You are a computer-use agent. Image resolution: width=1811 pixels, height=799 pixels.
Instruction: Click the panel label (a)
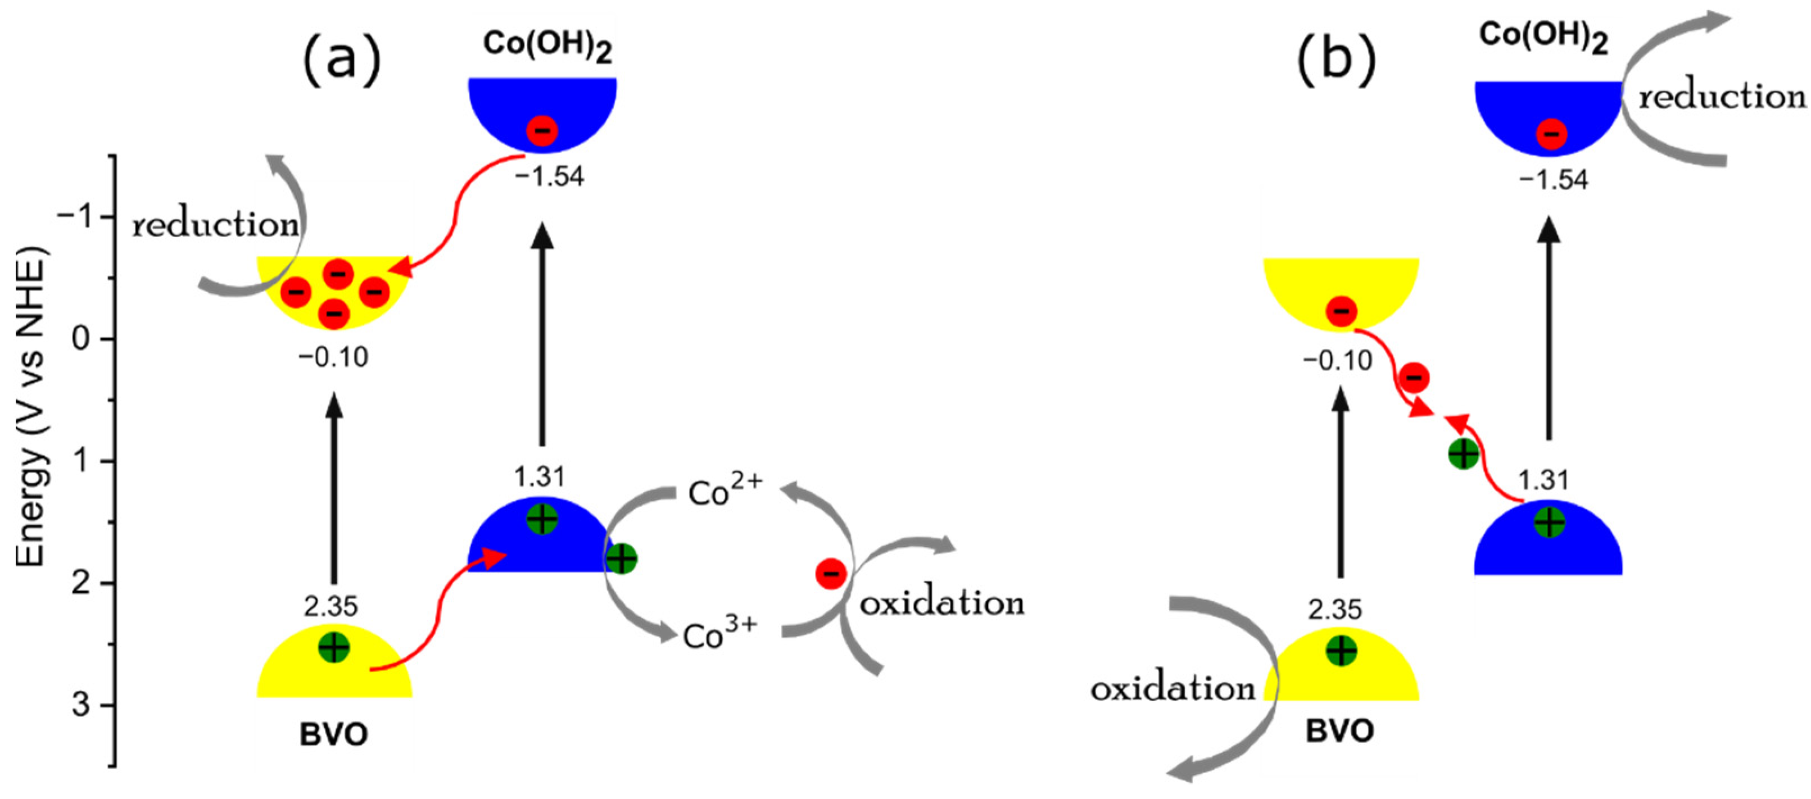tap(342, 62)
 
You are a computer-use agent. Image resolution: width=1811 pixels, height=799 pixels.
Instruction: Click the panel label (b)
tap(1335, 62)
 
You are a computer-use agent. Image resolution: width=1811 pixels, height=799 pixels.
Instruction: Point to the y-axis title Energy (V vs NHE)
tap(31, 407)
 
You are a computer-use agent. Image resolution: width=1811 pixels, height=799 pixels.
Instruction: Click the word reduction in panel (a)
tap(216, 225)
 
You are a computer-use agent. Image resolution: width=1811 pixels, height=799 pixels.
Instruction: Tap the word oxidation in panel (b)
tap(1172, 689)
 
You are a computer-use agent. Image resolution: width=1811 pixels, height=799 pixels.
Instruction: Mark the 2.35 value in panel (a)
tap(330, 606)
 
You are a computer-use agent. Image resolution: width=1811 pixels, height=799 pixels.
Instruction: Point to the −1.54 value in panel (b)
tap(1554, 180)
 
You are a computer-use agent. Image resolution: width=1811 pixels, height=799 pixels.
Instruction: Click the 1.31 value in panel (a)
tap(539, 477)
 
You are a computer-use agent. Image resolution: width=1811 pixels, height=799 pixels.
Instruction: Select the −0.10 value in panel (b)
tap(1337, 361)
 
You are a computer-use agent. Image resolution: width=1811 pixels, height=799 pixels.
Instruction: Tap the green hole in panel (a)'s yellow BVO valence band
tap(334, 647)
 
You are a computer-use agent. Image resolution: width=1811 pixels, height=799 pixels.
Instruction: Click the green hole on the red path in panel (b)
tap(1464, 454)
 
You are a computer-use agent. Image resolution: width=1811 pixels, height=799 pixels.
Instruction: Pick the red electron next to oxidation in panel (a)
tap(830, 574)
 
